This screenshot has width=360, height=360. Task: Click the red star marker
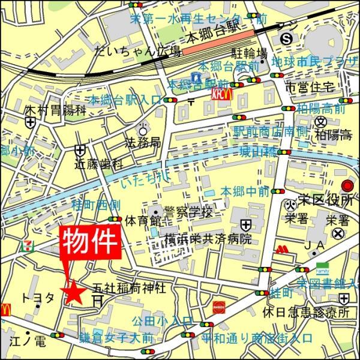[x=74, y=292]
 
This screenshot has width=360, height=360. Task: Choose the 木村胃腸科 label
[x=49, y=110]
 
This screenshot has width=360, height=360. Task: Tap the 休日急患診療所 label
[x=306, y=313]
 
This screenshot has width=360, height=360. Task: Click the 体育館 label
[x=138, y=221]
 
